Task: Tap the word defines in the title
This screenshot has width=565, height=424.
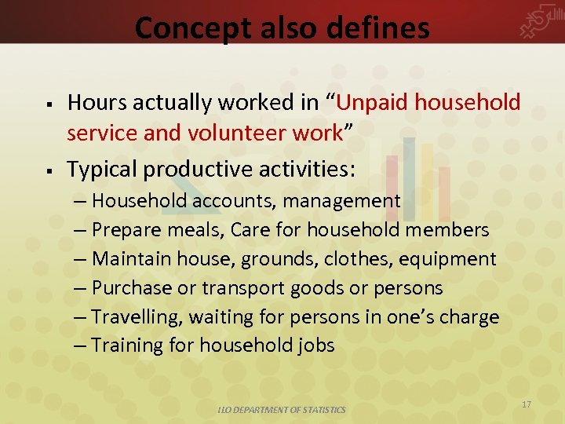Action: tap(385, 28)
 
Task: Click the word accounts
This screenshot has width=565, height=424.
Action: tap(233, 201)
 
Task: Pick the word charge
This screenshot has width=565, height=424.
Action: tap(468, 317)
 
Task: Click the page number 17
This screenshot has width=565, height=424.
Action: tap(527, 404)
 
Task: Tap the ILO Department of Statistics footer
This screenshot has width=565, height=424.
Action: tap(282, 410)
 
